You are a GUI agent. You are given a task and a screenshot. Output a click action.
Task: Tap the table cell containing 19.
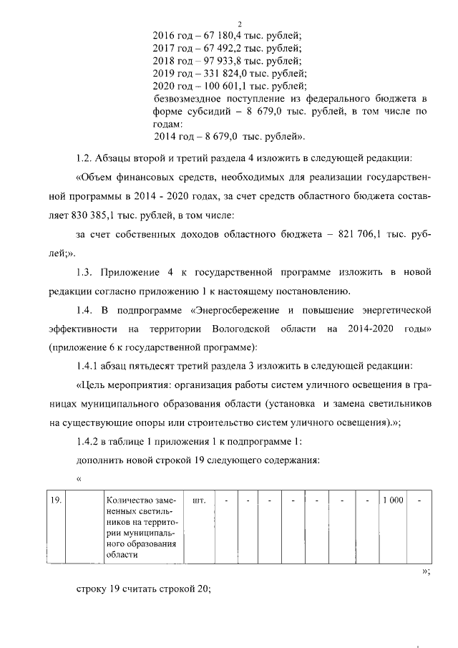point(54,500)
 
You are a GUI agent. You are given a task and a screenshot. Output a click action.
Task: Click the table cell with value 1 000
point(392,500)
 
